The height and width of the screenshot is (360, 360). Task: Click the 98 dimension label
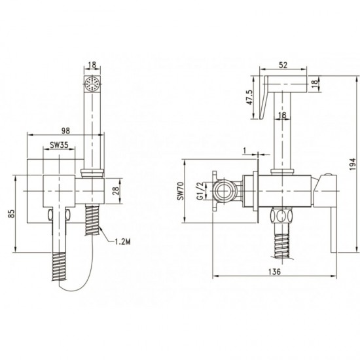point(65,130)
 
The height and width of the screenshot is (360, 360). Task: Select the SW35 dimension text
point(59,145)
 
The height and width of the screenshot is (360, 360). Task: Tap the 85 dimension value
point(12,214)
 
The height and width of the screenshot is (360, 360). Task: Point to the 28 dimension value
point(116,190)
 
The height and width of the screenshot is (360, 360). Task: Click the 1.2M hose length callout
point(122,242)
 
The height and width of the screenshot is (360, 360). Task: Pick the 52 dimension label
point(283,65)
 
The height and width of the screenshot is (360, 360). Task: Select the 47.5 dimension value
point(249,98)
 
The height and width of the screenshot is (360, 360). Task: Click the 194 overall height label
point(352,164)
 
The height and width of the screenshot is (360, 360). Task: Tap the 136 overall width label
point(274,272)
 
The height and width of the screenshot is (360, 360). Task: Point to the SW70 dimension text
point(181,190)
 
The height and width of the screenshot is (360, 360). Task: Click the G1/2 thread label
point(200,190)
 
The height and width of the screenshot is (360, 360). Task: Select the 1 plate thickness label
point(245,151)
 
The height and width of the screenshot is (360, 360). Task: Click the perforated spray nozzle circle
point(92,84)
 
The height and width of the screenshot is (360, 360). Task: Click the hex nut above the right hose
point(282,216)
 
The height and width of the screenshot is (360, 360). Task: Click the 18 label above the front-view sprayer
point(92,65)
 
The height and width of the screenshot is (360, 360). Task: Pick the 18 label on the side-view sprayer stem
point(282,115)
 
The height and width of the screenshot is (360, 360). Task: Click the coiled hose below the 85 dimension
point(59,266)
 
